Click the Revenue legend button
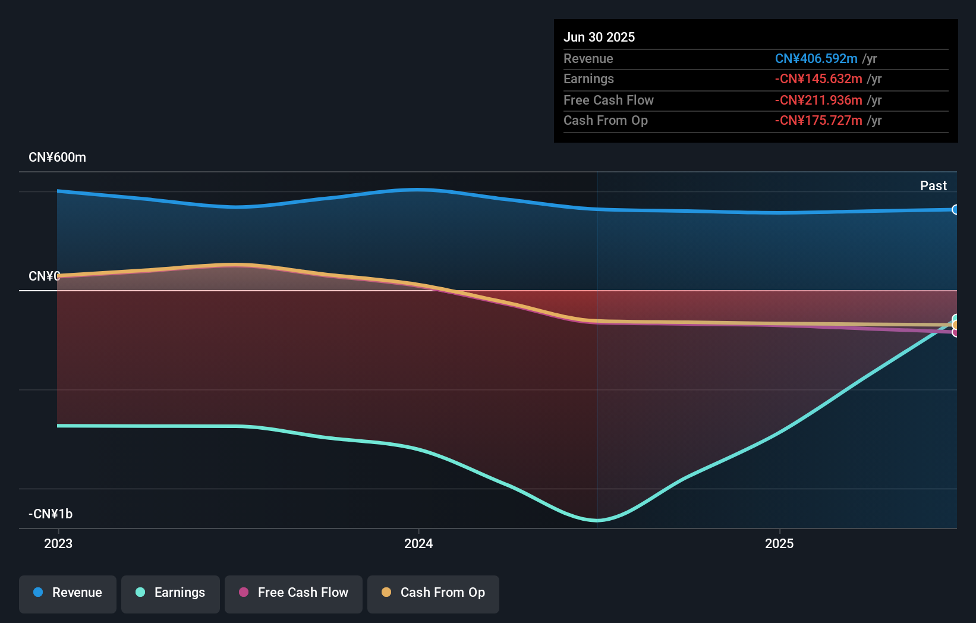pos(68,593)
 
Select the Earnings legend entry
pos(171,593)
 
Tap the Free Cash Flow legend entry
pos(294,593)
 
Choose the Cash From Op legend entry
pos(433,593)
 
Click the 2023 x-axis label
pos(58,544)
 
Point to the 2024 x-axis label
pos(418,544)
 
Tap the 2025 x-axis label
pos(779,544)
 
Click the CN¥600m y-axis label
pos(57,158)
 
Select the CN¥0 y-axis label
pos(44,276)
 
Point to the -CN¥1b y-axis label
pos(51,514)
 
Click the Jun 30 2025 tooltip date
pos(599,37)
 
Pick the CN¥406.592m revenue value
pos(816,59)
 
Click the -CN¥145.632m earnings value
pos(818,79)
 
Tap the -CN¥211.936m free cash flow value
pos(818,100)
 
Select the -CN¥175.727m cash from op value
pos(818,121)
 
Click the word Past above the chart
pos(933,186)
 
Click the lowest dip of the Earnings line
pos(597,520)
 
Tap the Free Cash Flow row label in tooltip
pos(608,100)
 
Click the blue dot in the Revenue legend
pos(38,593)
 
